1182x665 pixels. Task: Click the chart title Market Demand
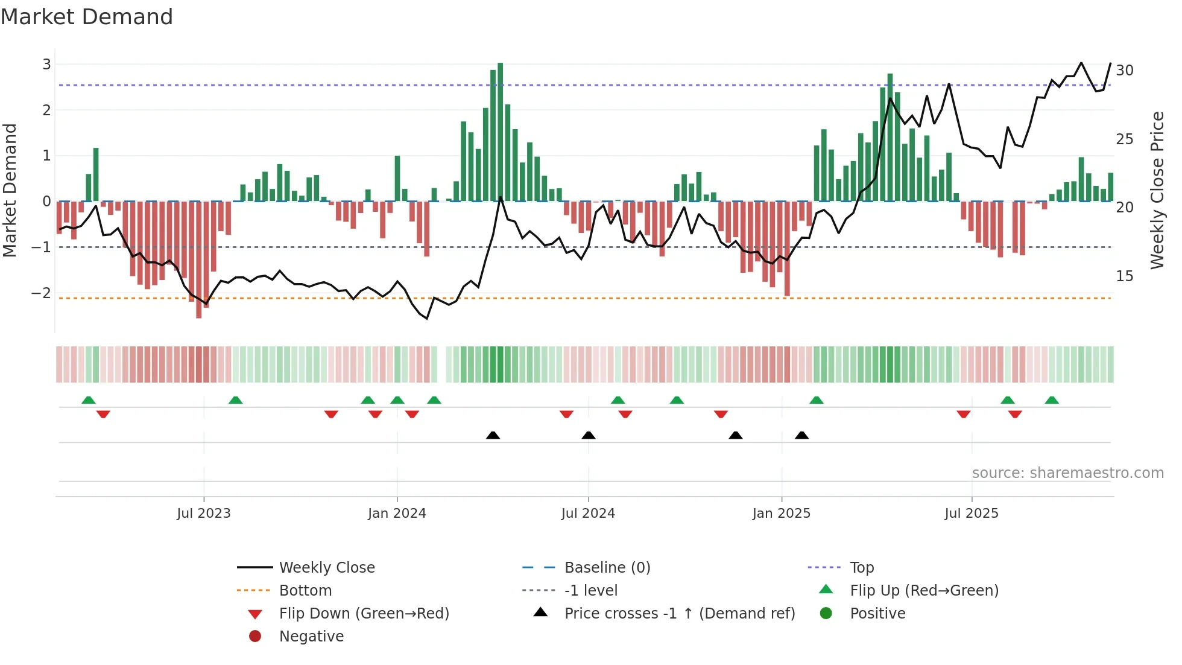pos(87,17)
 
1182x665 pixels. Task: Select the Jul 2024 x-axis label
pos(588,514)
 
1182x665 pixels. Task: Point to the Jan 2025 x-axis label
pos(782,514)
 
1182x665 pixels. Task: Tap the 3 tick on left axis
pos(46,64)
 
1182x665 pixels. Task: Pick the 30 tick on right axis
pos(1125,71)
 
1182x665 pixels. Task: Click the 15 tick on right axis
pos(1125,276)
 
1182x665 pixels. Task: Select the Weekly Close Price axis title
pos(1157,190)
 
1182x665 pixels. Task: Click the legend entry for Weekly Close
pos(326,568)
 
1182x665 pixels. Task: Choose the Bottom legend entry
pos(305,591)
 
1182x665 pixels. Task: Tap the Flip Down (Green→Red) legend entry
pos(364,614)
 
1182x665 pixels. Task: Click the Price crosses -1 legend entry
pos(679,614)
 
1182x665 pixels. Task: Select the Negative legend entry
pos(311,637)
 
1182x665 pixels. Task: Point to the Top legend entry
pos(862,568)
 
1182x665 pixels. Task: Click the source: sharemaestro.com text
pos(1067,473)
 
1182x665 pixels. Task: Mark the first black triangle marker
pos(493,435)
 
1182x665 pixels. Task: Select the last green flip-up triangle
pos(1052,400)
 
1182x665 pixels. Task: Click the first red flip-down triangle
pos(103,414)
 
